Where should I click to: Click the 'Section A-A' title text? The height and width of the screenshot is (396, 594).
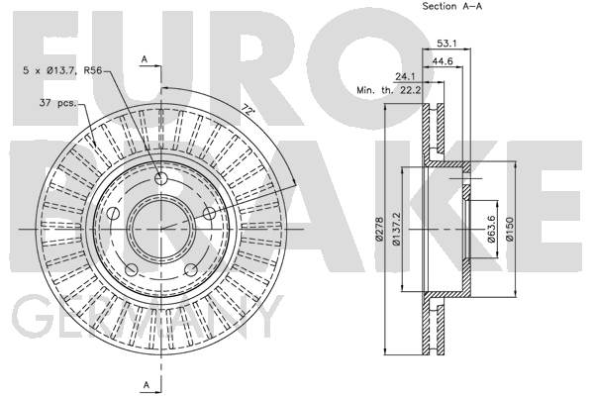[x=452, y=6]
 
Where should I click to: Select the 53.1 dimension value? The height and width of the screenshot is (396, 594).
[x=446, y=44]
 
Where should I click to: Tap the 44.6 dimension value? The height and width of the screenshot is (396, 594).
[x=443, y=61]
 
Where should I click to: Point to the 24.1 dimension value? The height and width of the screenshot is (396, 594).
[x=405, y=76]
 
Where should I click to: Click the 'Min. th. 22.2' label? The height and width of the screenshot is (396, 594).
[x=389, y=90]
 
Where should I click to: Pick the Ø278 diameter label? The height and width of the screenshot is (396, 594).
[x=379, y=229]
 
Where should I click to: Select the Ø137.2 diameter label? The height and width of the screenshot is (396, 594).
[x=396, y=229]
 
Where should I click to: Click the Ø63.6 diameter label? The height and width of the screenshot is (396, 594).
[x=491, y=229]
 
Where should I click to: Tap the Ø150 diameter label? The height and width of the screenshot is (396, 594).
[x=510, y=229]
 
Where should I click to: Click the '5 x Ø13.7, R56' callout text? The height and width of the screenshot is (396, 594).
[x=62, y=70]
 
